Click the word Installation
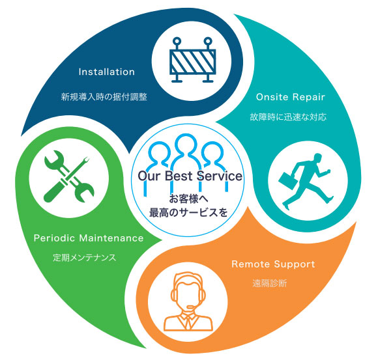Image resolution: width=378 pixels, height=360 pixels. (x=106, y=72)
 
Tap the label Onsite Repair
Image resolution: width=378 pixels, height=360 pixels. (x=291, y=97)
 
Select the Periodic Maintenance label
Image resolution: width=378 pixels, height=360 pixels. (x=89, y=238)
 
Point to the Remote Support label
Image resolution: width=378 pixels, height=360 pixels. (x=273, y=264)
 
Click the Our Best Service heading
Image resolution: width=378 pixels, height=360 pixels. (x=190, y=176)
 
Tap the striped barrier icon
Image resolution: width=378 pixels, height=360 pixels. (x=192, y=60)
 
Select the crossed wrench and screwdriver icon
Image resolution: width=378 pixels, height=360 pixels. (x=69, y=176)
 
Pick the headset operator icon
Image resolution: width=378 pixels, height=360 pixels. (x=188, y=301)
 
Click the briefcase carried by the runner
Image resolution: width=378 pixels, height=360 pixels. (x=287, y=180)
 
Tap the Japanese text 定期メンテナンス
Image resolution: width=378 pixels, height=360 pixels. (x=84, y=258)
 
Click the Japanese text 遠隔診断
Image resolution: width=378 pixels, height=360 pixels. (x=270, y=283)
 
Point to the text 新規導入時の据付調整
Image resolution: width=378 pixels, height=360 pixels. (x=104, y=97)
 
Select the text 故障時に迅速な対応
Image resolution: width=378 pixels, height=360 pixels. (x=288, y=117)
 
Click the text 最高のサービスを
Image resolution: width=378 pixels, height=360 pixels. (x=188, y=213)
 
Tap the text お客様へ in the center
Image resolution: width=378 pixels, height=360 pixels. (x=188, y=199)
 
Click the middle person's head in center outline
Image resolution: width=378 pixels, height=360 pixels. (x=186, y=144)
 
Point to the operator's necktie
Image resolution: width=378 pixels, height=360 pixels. (x=187, y=322)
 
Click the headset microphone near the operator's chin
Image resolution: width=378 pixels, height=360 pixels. (x=192, y=307)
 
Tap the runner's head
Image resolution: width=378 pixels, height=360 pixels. (x=318, y=158)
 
